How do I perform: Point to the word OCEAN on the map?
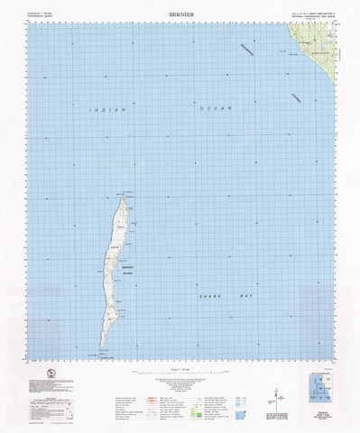tap(216, 108)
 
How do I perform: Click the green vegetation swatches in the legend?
tap(206, 393)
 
